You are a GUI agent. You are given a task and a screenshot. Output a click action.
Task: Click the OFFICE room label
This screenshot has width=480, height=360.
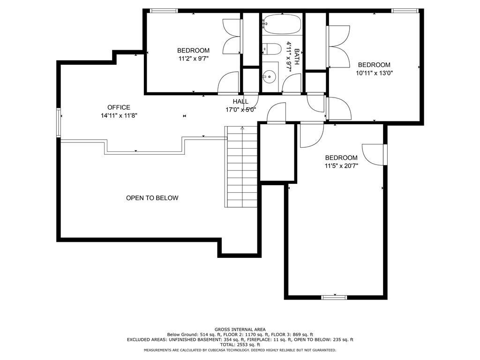coord(119,107)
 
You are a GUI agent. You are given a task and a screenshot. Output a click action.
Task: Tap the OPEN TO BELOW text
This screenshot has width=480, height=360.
coord(152,198)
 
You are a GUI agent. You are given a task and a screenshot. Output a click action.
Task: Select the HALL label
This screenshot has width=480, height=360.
coord(240,102)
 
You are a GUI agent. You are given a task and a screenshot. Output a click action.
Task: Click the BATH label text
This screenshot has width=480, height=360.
coord(296,57)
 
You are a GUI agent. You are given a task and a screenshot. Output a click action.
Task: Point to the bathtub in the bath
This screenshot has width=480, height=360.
coord(282,24)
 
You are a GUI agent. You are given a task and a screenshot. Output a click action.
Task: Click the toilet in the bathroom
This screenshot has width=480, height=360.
coord(272,49)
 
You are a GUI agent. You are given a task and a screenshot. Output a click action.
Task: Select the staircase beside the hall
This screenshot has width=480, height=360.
coord(241,167)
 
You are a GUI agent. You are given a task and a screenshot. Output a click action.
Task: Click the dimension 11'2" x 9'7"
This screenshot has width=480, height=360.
coord(194,59)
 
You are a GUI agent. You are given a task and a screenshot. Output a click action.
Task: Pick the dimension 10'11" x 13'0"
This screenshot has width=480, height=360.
coord(374,73)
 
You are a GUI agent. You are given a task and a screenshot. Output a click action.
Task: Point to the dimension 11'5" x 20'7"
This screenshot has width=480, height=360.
coord(341,166)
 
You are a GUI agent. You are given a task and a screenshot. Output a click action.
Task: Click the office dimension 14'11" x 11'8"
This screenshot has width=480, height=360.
coord(119,116)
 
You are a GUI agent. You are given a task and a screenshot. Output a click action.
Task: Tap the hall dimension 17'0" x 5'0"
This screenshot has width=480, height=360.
coord(240,110)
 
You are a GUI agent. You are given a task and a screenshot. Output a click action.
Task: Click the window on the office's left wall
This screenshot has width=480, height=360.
coord(59,122)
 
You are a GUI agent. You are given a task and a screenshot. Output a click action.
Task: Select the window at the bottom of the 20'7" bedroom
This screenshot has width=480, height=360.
coord(334,297)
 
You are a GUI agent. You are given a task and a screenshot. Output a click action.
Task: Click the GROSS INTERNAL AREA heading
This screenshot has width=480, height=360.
coord(240,330)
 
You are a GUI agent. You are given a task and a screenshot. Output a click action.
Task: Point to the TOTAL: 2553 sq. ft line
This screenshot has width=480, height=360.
coord(240,345)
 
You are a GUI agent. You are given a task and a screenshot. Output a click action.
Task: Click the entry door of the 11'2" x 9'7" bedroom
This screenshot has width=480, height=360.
coord(228,82)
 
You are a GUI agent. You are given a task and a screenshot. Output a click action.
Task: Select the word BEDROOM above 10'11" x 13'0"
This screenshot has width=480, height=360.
coord(374,65)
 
